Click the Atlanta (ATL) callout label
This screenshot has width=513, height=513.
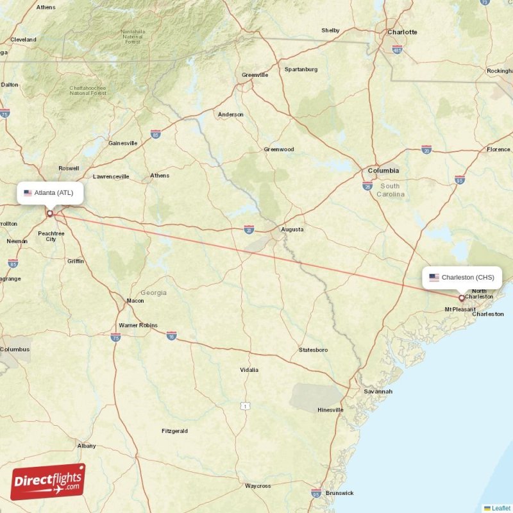point(50,192)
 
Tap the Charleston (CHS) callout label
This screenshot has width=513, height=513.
point(462,278)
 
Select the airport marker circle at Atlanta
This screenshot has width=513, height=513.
point(50,214)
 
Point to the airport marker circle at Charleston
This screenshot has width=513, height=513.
point(462,298)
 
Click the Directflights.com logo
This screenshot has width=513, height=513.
point(48,482)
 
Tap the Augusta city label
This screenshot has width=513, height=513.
point(292,229)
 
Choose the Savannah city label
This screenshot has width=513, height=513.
point(378,391)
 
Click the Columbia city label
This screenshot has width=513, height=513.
point(383,171)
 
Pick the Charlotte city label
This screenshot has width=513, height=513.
point(402,32)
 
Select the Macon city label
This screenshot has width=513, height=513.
point(135,301)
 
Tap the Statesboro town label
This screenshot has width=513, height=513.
point(314,350)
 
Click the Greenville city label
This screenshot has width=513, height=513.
point(255,75)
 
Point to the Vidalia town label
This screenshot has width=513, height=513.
point(249,370)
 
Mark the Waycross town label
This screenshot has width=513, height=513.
point(258,486)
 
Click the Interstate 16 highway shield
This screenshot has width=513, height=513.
point(171,335)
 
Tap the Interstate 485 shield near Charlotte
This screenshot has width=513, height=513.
point(398,49)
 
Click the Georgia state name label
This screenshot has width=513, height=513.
point(153,292)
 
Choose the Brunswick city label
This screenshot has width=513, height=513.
point(339,493)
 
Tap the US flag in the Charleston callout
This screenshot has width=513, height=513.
point(434,278)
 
